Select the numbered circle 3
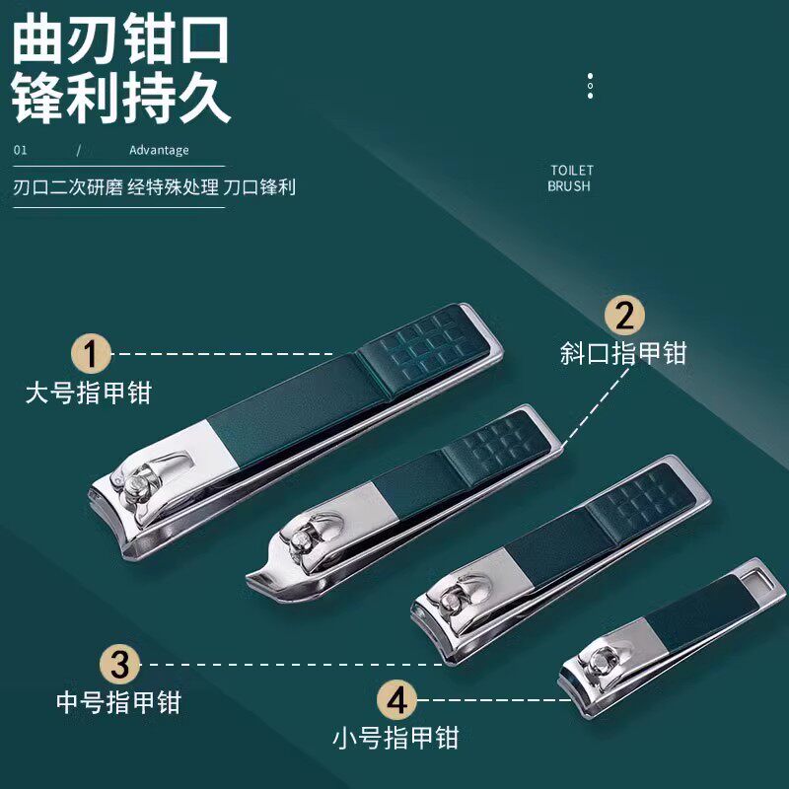(118, 664)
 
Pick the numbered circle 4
(396, 700)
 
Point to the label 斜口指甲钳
(622, 353)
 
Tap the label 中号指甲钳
(118, 702)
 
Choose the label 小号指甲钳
(395, 737)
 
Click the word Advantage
(159, 151)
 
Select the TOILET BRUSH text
(571, 178)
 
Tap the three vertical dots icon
(590, 86)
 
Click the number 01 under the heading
(20, 151)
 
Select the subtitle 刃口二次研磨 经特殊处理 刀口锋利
(155, 187)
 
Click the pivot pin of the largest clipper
(135, 482)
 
